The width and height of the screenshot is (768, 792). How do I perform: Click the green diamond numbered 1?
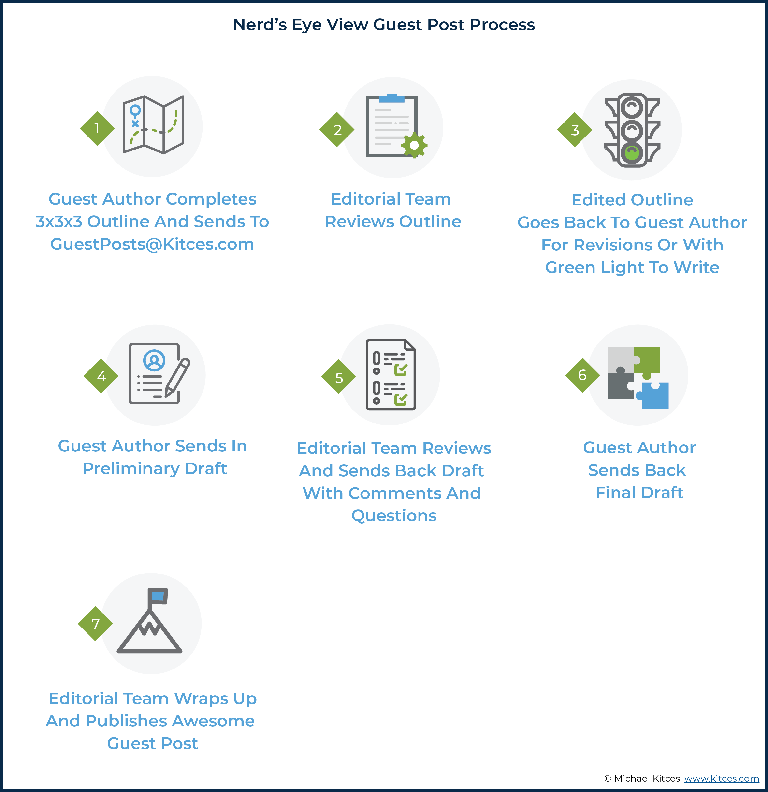(97, 128)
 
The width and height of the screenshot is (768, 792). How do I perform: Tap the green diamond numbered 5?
(338, 377)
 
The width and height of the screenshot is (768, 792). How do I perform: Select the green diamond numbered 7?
(95, 624)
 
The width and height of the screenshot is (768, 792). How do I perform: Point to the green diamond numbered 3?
(575, 130)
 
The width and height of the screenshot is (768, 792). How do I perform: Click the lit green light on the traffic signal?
(632, 153)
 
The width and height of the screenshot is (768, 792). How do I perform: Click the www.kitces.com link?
(722, 778)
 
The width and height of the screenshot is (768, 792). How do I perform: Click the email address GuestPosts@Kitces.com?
(152, 245)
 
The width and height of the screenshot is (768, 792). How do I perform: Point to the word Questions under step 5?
(394, 516)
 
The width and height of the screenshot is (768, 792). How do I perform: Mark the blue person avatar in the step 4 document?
(154, 360)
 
